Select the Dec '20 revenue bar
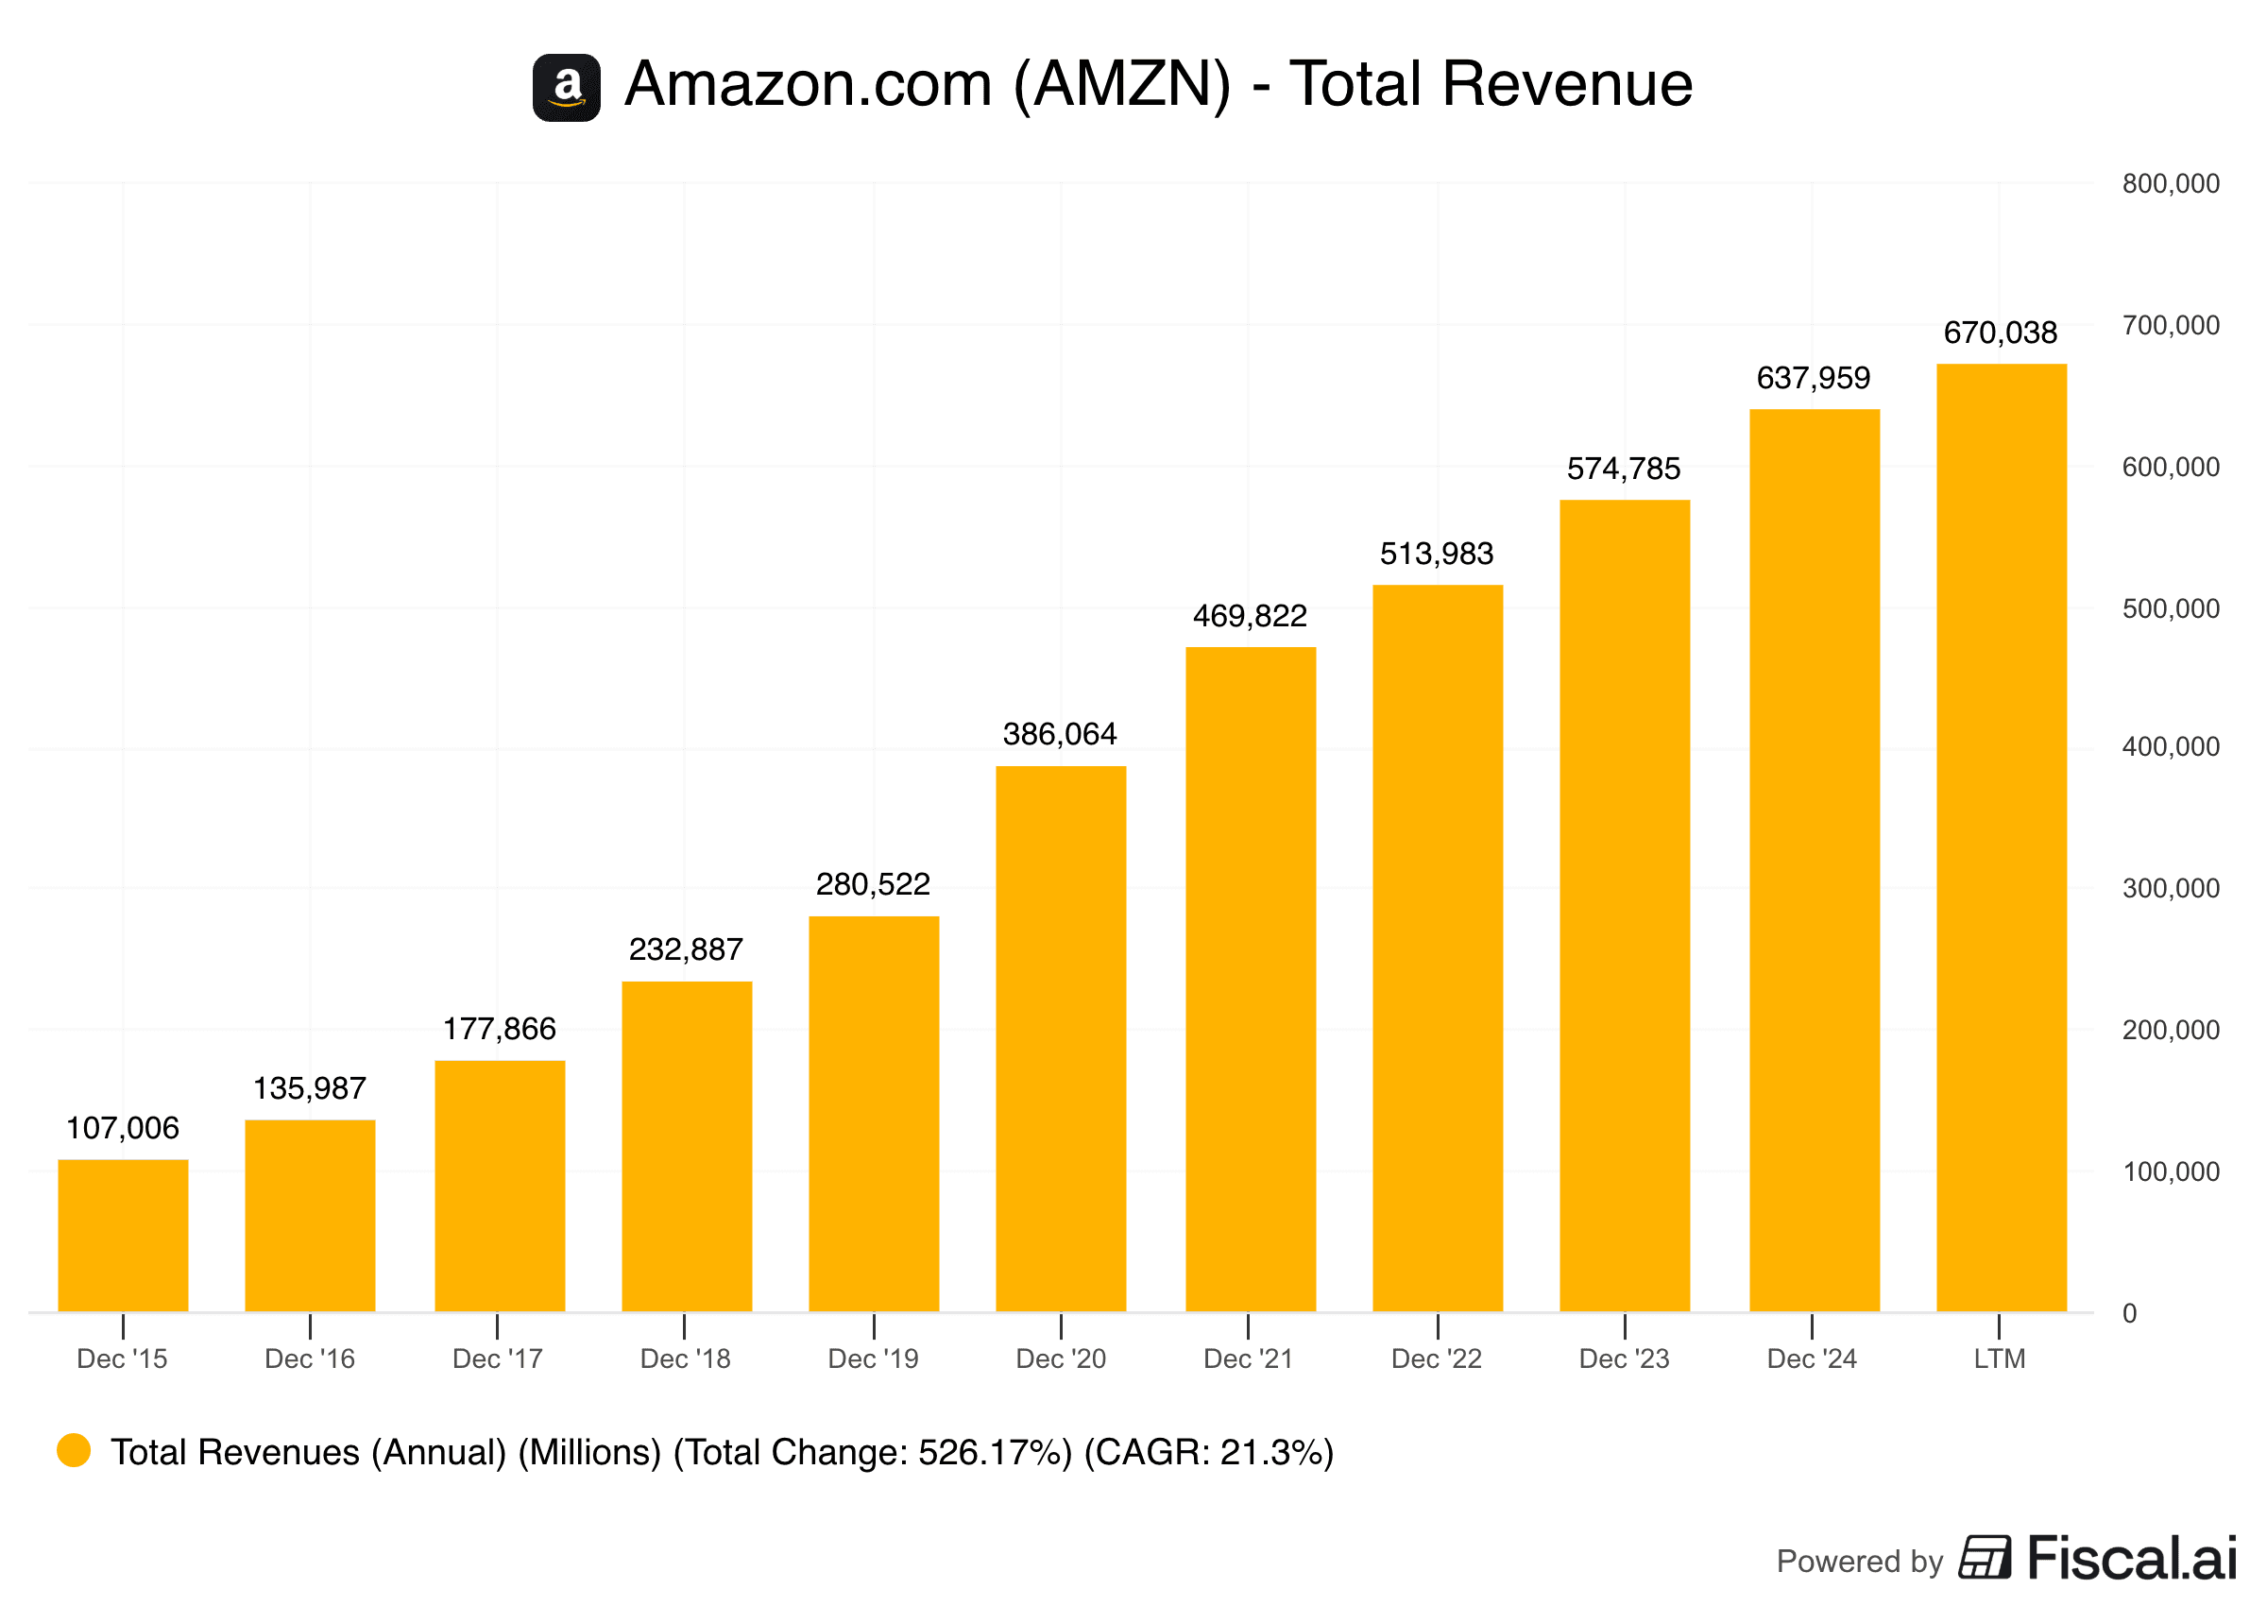click(1060, 1038)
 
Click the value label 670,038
click(1999, 333)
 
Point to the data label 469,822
click(1249, 616)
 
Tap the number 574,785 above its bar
click(1623, 469)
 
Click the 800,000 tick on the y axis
click(2169, 184)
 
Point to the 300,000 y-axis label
click(2169, 888)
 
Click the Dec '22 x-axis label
click(1436, 1358)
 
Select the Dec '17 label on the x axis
click(497, 1358)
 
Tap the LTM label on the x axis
click(1999, 1358)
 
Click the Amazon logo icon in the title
click(567, 88)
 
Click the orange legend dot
click(73, 1451)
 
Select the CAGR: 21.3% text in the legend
click(1208, 1452)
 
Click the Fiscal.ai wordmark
click(2132, 1559)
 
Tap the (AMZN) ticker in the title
click(1122, 84)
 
